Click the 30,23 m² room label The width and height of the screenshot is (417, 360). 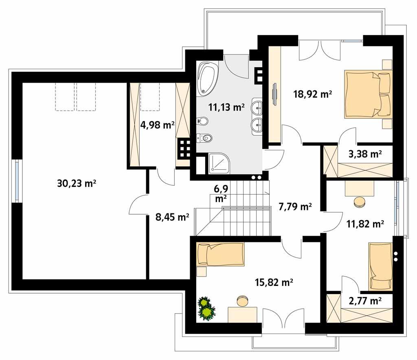point(77,184)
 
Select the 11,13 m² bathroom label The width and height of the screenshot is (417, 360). point(226,107)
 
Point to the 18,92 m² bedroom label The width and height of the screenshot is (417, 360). point(312,94)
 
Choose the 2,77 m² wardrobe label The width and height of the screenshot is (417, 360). point(365,301)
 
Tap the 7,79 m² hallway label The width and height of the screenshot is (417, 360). point(295,206)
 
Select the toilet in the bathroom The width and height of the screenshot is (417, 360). point(205,138)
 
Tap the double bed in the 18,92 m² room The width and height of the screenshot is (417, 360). point(368,94)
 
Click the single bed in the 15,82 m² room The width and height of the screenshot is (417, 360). point(220,254)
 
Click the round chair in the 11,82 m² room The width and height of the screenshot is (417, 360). point(359,202)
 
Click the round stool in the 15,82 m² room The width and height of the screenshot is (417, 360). point(242,301)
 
